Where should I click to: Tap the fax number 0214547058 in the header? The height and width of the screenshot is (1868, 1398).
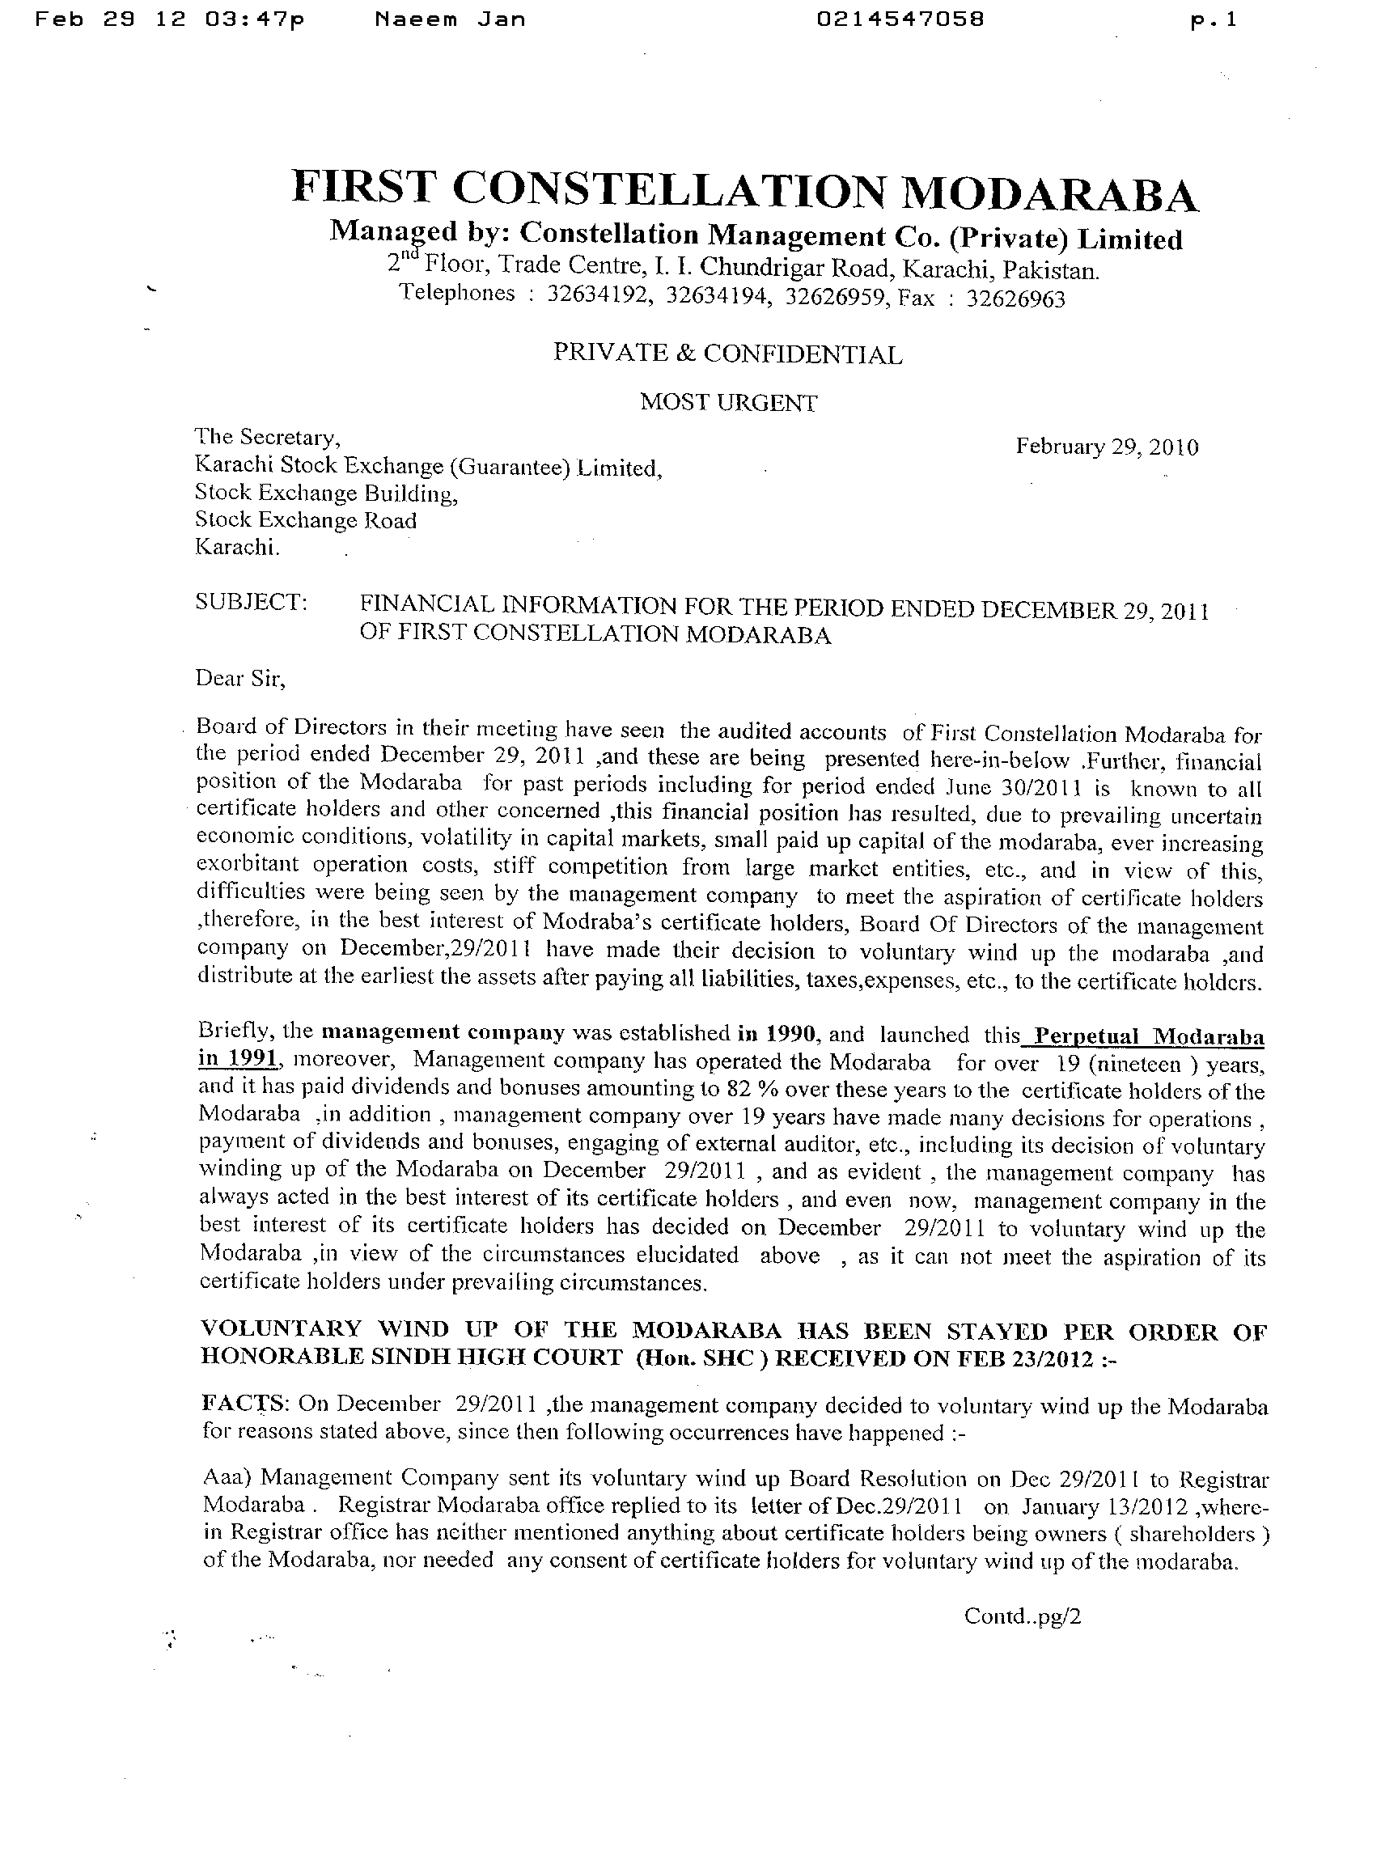click(x=900, y=19)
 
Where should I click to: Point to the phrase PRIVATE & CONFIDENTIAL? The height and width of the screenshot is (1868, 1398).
click(x=727, y=354)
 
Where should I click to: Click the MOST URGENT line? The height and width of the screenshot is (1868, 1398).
click(x=728, y=403)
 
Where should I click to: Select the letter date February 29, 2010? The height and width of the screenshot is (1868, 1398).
click(x=1107, y=447)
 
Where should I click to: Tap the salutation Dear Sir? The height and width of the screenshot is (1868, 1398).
click(x=240, y=678)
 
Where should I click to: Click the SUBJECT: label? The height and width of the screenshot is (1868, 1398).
click(x=251, y=602)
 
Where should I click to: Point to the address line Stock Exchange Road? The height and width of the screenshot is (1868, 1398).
click(x=305, y=520)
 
